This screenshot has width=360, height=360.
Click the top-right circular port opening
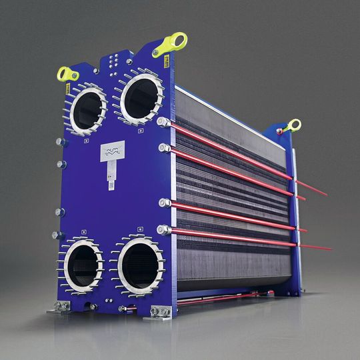point(141,97)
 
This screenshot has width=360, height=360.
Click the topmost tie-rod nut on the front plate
point(163,122)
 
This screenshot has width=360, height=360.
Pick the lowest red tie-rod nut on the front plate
point(161,230)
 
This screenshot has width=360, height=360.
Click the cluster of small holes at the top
point(115,63)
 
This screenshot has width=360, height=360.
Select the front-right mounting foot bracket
point(160,311)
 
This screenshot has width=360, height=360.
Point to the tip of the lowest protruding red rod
point(329,249)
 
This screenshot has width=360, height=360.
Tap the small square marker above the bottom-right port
point(140,229)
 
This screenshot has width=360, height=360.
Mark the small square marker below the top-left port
point(88,141)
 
